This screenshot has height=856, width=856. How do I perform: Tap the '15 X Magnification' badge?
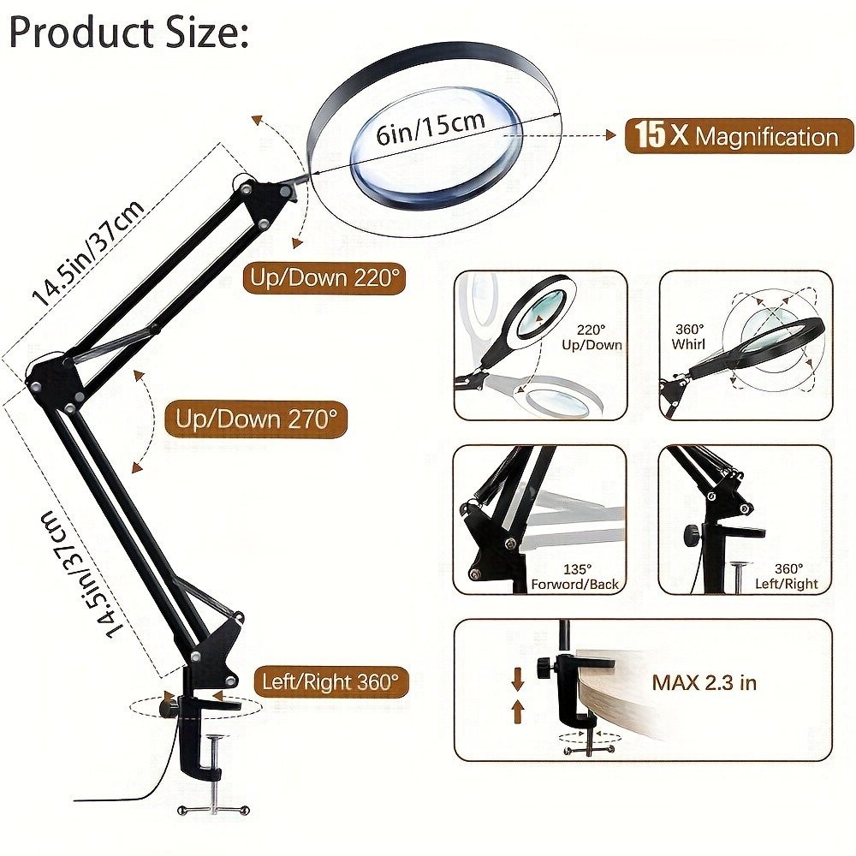coord(739,136)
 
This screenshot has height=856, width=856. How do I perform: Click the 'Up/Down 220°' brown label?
coord(324,278)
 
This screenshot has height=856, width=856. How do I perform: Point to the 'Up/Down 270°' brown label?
coord(256,419)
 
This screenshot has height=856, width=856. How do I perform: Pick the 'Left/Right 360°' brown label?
coord(330,681)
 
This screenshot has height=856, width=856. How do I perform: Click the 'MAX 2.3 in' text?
coord(704,682)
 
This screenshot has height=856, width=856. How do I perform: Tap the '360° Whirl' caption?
coord(690,336)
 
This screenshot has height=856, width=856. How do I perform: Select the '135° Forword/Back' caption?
coord(590,576)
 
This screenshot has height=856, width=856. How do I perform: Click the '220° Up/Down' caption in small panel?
coord(600,337)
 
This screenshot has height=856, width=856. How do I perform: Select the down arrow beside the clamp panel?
coord(518,680)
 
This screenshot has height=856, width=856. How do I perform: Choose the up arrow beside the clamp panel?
coord(518,709)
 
